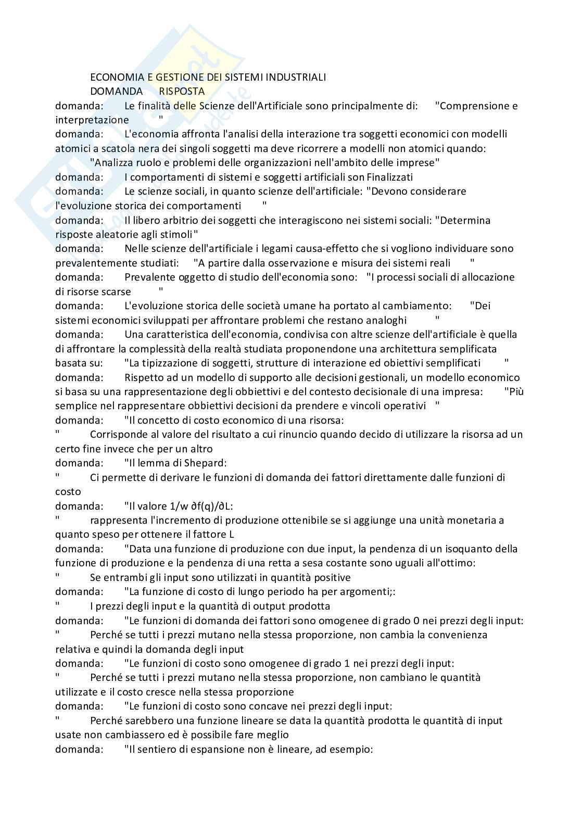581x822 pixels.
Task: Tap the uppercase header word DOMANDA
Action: click(116, 91)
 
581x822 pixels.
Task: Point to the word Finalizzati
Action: click(389, 177)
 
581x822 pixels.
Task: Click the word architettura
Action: click(411, 348)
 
